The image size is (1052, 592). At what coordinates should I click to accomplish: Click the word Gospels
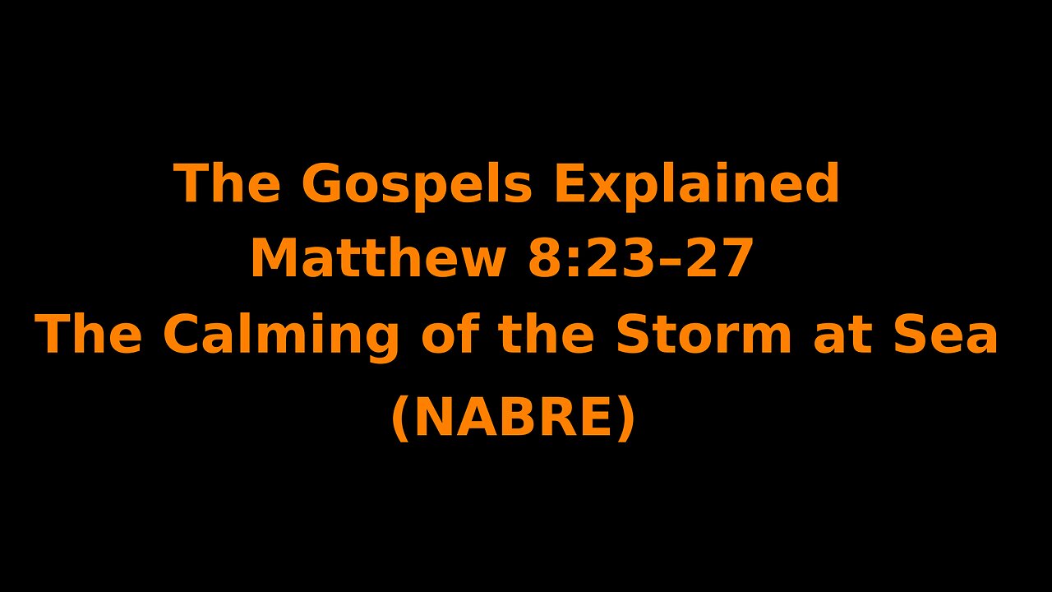pos(417,184)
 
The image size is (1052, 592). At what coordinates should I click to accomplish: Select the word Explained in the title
pos(697,184)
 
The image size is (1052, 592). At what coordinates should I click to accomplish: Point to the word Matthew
pos(377,259)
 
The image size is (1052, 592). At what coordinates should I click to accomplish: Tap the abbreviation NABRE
pos(514,418)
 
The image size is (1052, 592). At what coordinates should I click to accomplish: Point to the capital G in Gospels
pos(321,183)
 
